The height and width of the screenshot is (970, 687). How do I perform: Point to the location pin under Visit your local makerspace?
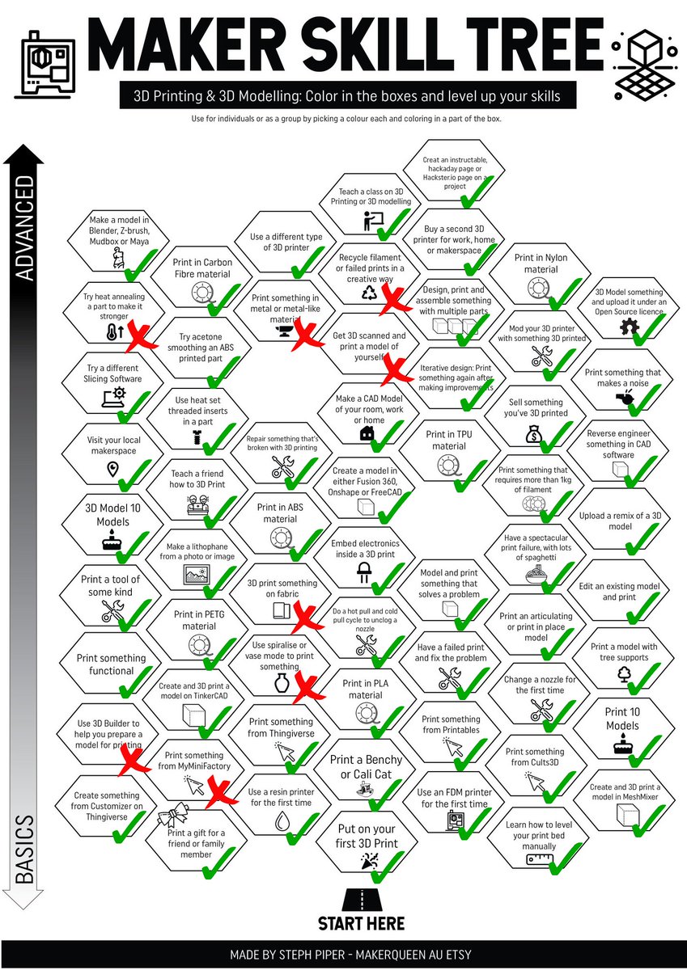point(112,470)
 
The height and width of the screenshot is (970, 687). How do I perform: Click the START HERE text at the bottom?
point(361,923)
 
